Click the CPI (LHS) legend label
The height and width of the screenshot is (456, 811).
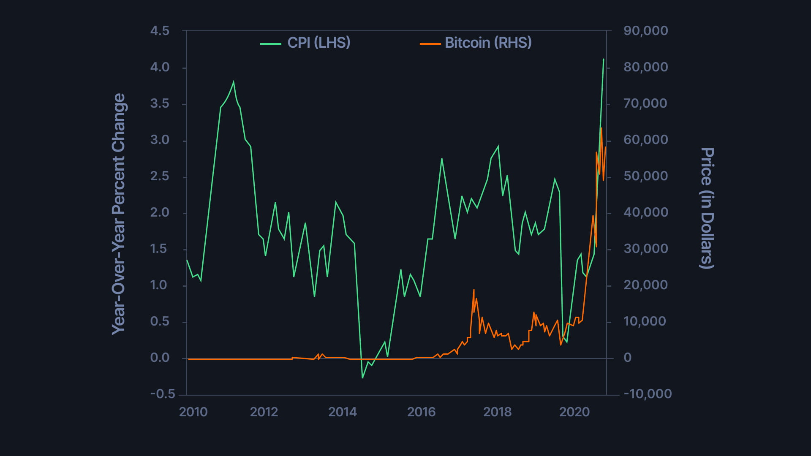click(x=319, y=43)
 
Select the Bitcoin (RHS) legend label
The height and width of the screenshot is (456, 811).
click(x=488, y=43)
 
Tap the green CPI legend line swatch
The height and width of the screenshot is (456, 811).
click(x=271, y=43)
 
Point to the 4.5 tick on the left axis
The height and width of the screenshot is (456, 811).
click(x=160, y=31)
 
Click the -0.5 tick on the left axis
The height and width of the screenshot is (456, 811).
click(x=163, y=394)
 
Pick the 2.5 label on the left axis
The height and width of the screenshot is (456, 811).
click(x=160, y=176)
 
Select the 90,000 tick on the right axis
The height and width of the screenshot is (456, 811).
click(x=645, y=31)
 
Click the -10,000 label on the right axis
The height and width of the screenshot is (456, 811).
click(x=648, y=394)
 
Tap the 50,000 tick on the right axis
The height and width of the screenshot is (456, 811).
click(x=645, y=176)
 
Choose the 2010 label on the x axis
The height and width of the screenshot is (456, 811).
click(x=193, y=412)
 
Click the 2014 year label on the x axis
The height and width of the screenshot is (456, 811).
click(x=343, y=412)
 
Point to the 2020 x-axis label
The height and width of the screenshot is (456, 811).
click(x=574, y=412)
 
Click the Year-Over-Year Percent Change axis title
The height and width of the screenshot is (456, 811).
click(x=118, y=214)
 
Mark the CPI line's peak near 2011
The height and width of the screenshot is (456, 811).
click(x=234, y=82)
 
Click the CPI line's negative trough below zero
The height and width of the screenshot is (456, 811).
click(x=362, y=377)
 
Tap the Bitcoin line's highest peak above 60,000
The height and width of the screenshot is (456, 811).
click(x=601, y=128)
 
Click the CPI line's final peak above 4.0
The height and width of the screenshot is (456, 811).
click(x=604, y=60)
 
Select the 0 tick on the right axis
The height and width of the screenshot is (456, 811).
click(x=628, y=358)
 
